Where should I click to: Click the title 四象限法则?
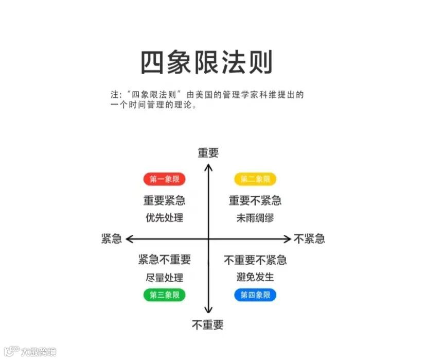pyautogui.click(x=206, y=63)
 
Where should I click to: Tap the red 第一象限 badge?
pyautogui.click(x=164, y=179)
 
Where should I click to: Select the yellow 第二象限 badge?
pyautogui.click(x=255, y=179)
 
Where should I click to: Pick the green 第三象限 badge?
pyautogui.click(x=164, y=295)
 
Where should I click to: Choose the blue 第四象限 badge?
pyautogui.click(x=255, y=295)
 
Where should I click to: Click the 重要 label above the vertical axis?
pyautogui.click(x=208, y=152)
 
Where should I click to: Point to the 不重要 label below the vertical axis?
pyautogui.click(x=208, y=325)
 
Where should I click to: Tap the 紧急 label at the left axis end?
pyautogui.click(x=111, y=239)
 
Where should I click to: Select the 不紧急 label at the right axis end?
pyautogui.click(x=309, y=239)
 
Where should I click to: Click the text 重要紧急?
pyautogui.click(x=164, y=200)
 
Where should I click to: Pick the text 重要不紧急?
pyautogui.click(x=255, y=200)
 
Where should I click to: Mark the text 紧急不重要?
pyautogui.click(x=164, y=260)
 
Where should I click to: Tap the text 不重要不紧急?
pyautogui.click(x=255, y=260)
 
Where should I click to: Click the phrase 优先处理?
pyautogui.click(x=164, y=218)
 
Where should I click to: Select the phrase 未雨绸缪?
pyautogui.click(x=255, y=218)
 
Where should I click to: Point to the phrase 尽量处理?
pyautogui.click(x=164, y=278)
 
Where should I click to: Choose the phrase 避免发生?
pyautogui.click(x=255, y=277)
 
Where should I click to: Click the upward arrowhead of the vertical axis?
pyautogui.click(x=208, y=166)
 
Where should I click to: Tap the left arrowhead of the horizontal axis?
pyautogui.click(x=129, y=239)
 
